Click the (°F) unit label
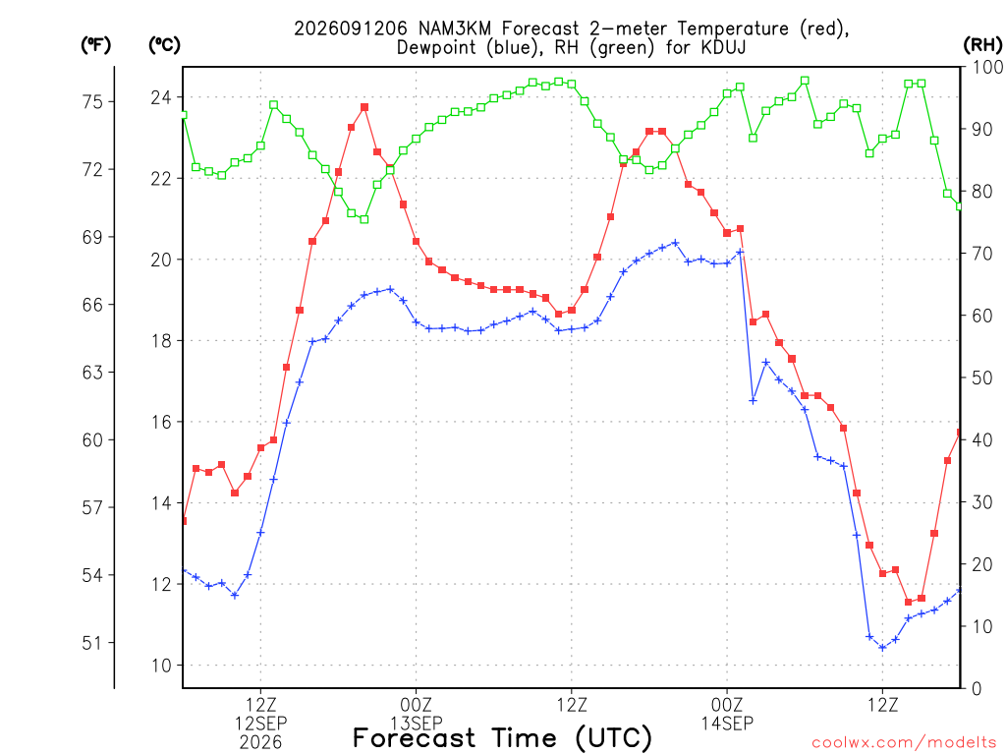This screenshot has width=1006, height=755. tap(95, 45)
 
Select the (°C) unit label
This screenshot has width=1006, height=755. tap(164, 45)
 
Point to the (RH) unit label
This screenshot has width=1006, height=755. tap(982, 45)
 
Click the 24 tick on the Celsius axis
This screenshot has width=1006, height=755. tap(161, 97)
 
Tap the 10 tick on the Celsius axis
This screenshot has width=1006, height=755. tap(161, 666)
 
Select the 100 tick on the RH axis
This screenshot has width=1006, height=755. tap(988, 67)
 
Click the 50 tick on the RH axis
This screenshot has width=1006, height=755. tap(982, 377)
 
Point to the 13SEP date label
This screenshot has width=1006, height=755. tap(416, 724)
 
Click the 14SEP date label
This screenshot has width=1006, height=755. tap(727, 724)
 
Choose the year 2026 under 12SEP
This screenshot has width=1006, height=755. tap(260, 743)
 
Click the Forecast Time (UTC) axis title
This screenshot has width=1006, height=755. tap(502, 738)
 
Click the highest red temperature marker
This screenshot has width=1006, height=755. tap(364, 107)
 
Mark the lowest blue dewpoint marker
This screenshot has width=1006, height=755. tap(882, 648)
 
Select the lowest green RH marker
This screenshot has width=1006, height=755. tap(364, 219)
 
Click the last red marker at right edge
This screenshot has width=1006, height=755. tap(959, 433)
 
